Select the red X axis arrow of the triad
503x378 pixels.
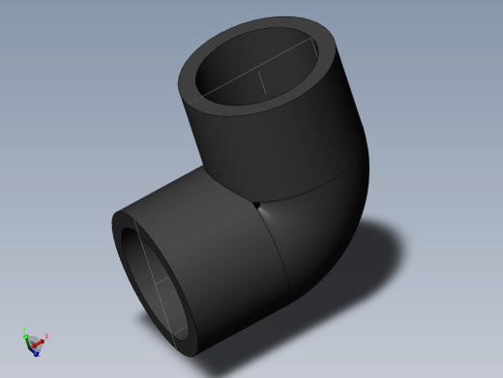pyautogui.click(x=41, y=339)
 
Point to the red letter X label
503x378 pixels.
pyautogui.click(x=46, y=336)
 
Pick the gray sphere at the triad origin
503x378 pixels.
pyautogui.click(x=34, y=341)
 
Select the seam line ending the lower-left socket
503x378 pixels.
pyautogui.click(x=281, y=262)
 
